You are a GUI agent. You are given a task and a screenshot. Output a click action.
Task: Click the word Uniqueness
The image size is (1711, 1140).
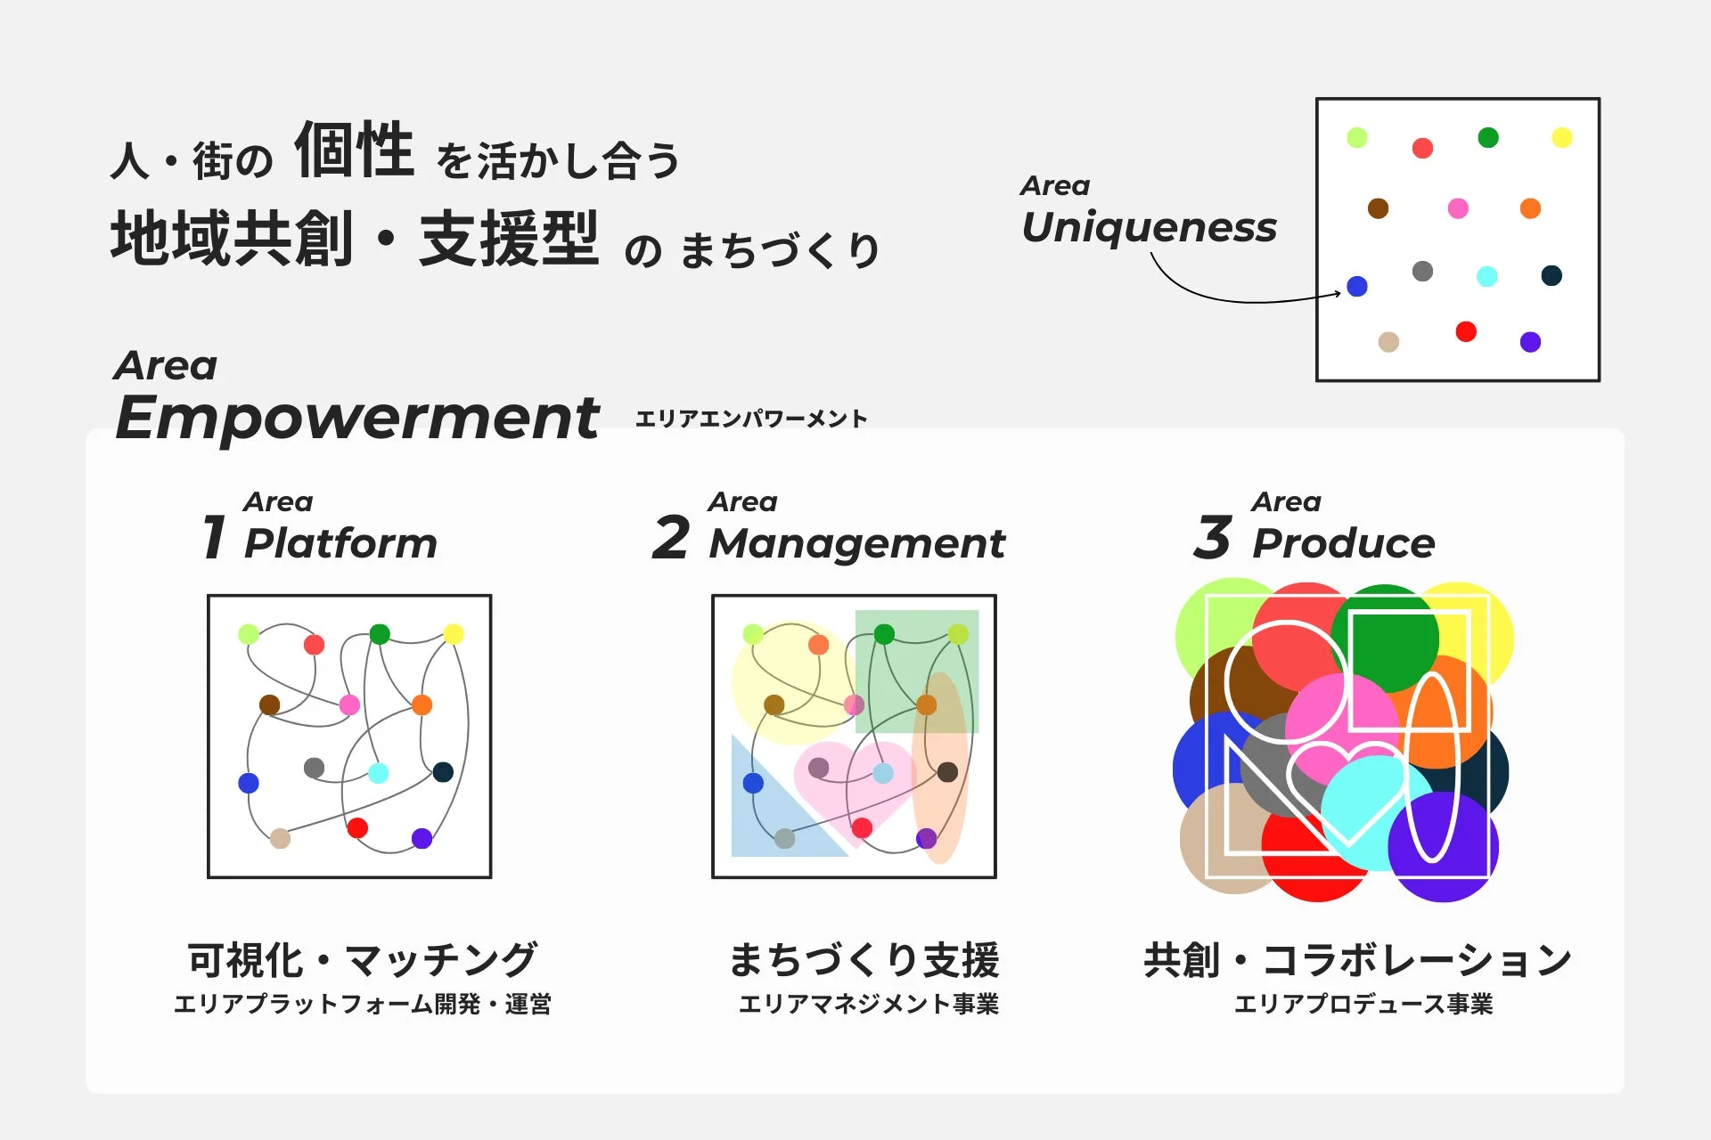click(x=1149, y=228)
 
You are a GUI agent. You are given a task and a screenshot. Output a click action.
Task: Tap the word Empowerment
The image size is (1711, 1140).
click(x=357, y=419)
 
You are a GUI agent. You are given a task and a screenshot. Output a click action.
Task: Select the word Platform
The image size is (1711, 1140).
click(x=340, y=543)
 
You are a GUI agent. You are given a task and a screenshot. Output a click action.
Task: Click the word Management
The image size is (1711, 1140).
click(x=856, y=543)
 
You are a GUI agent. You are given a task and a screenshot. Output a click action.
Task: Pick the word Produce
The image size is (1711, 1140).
click(x=1343, y=543)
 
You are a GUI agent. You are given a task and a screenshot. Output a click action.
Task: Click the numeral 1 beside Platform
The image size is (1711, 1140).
click(x=213, y=537)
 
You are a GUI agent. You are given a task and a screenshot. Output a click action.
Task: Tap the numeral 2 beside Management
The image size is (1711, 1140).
click(x=670, y=537)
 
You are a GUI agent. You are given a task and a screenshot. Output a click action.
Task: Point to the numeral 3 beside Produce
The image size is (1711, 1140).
click(x=1212, y=537)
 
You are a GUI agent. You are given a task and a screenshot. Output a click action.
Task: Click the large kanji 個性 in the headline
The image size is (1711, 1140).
click(x=354, y=150)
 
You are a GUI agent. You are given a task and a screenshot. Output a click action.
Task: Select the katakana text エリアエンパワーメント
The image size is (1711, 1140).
click(x=750, y=419)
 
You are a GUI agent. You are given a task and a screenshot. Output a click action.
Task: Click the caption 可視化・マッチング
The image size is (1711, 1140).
click(x=362, y=960)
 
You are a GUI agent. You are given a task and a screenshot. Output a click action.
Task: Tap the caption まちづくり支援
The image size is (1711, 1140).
click(x=864, y=960)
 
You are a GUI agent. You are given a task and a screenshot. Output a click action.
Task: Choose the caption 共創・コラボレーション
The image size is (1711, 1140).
click(x=1357, y=960)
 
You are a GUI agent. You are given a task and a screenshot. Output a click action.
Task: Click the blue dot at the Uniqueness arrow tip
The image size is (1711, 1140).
click(x=1356, y=286)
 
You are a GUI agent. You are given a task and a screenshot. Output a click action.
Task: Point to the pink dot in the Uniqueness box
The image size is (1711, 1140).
click(x=1458, y=208)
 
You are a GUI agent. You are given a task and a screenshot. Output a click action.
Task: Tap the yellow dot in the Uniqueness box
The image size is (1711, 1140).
click(x=1561, y=137)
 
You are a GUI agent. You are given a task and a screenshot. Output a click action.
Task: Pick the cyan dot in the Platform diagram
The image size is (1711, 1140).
click(x=378, y=772)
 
